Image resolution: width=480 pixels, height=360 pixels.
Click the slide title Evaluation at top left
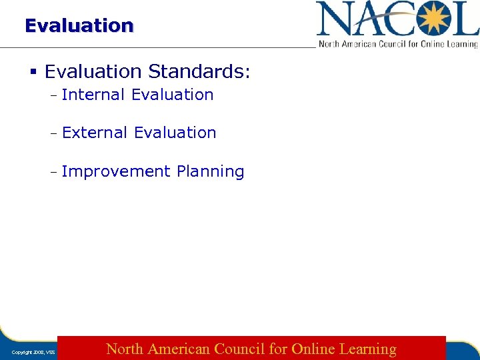click(79, 25)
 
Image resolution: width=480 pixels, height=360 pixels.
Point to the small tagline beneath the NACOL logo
click(398, 44)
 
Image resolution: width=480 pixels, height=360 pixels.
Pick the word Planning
click(211, 171)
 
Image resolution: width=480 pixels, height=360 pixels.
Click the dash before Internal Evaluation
click(53, 95)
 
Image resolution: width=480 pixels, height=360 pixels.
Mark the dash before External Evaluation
click(53, 133)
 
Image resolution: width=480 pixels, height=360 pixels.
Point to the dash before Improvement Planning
click(53, 172)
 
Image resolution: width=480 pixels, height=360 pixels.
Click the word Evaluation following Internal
click(173, 95)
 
